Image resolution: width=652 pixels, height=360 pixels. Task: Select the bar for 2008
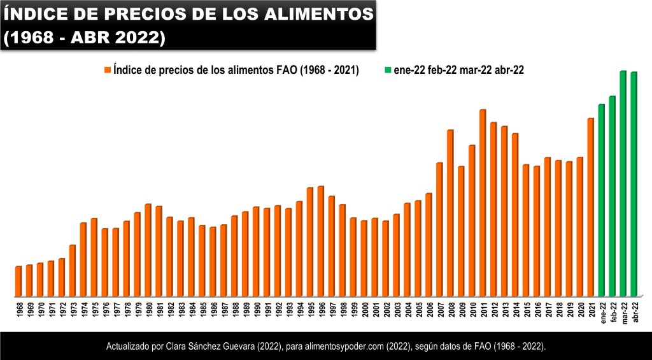pos(450,213)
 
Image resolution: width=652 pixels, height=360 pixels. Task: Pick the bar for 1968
pos(18,281)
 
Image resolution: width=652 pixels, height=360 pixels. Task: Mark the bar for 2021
pos(591,207)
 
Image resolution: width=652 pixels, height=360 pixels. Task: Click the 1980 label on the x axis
pos(148,310)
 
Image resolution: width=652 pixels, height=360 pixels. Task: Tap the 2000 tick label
pos(364,310)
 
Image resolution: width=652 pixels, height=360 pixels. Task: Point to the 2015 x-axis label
pos(526,310)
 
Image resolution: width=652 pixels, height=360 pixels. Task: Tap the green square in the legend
pos(388,71)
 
